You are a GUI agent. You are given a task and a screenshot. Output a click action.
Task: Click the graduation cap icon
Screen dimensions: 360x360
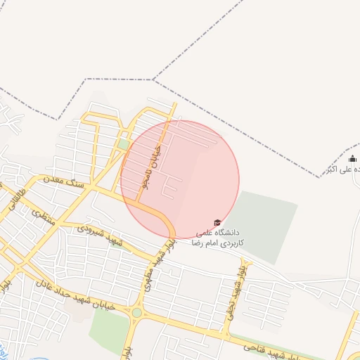pyautogui.click(x=217, y=222)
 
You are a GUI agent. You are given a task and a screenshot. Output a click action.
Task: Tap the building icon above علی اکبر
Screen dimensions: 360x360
pyautogui.click(x=352, y=159)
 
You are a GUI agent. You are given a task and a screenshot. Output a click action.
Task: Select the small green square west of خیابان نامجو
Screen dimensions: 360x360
pyautogui.click(x=124, y=144)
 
